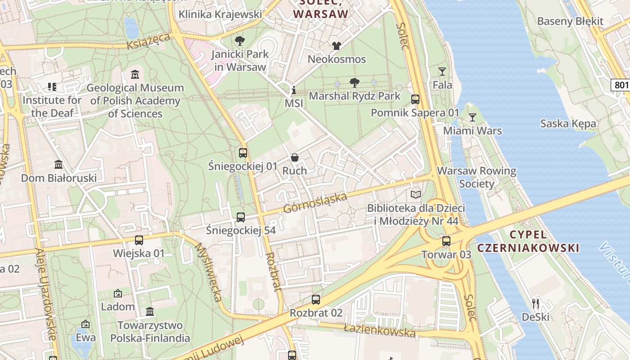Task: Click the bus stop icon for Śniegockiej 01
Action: pos(243,153)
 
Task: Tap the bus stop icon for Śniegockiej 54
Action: pos(241,217)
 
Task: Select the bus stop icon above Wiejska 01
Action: pos(139,240)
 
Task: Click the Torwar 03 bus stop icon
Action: pos(446,242)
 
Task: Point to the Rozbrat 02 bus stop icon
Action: pos(316,300)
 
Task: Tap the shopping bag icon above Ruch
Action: pos(295,157)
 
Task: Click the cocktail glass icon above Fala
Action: pos(442,72)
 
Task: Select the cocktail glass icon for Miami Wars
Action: pos(472,117)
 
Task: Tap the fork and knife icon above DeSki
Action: pos(535,303)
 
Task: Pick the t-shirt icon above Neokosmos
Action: pos(337,45)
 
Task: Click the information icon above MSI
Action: pos(294,90)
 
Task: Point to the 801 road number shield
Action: pos(621,85)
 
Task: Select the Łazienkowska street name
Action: pos(379,331)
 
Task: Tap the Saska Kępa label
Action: pos(568,124)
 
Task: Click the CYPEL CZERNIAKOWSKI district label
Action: pos(528,241)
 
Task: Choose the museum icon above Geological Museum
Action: pos(135,74)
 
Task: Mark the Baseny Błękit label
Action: pos(570,21)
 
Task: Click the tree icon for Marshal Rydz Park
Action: pos(355,82)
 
